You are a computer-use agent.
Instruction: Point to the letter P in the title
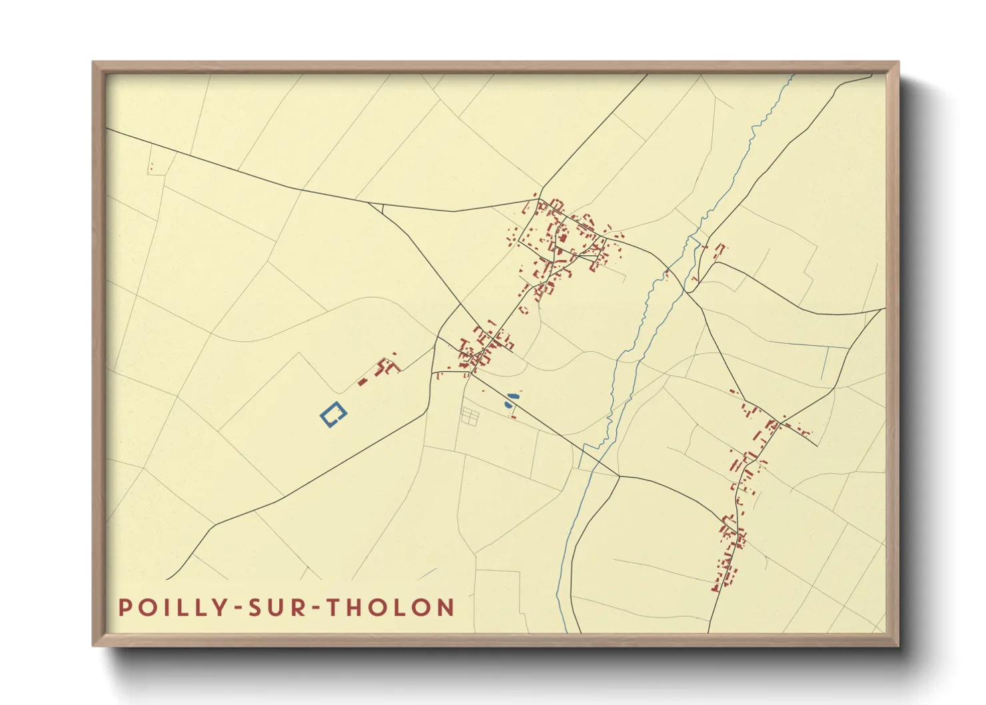pyautogui.click(x=125, y=608)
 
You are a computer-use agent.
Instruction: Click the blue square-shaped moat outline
pyautogui.click(x=333, y=414)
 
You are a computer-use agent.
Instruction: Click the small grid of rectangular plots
pyautogui.click(x=470, y=416)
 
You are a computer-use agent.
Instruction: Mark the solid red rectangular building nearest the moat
pyautogui.click(x=363, y=382)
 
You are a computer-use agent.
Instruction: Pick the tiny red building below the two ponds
pyautogui.click(x=513, y=416)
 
